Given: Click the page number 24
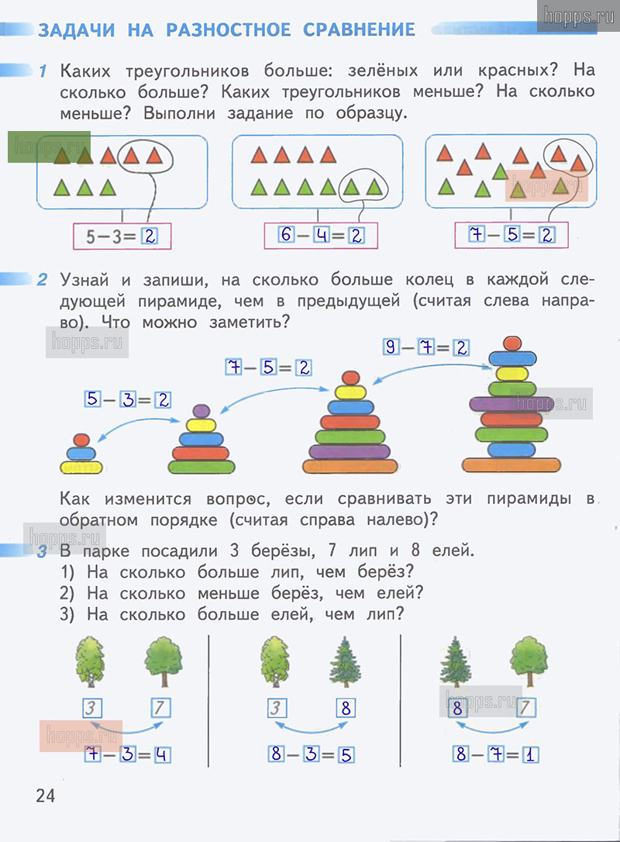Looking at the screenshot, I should [x=45, y=795].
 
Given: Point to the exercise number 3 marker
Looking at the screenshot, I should [x=43, y=552].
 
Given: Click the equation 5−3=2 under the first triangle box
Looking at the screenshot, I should [x=121, y=236].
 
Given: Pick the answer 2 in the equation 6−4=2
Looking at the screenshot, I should [x=356, y=235].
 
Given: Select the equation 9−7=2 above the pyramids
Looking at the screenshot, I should [x=426, y=347].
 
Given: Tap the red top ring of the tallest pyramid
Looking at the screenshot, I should [x=511, y=343].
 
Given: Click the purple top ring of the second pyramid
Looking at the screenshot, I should [x=201, y=411].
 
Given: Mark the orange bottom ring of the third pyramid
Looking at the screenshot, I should [x=350, y=466].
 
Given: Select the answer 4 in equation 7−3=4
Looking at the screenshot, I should [x=162, y=754].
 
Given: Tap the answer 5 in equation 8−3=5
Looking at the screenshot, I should [x=345, y=754].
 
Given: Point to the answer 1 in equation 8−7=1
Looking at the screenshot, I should [x=530, y=754].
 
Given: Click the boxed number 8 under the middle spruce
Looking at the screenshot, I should [x=345, y=708].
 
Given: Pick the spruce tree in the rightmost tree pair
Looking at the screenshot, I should [x=456, y=663].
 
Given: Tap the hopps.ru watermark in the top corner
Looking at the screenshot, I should [x=576, y=16].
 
